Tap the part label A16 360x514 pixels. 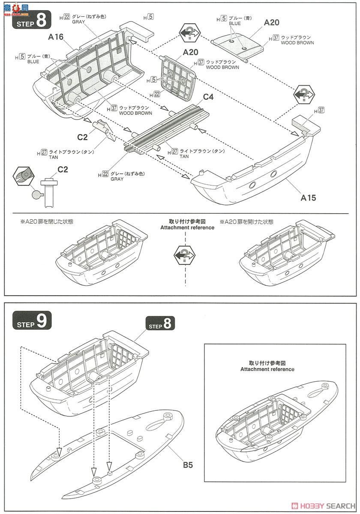(x=56, y=37)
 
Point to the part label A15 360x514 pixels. (x=308, y=198)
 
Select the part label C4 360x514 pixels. (x=208, y=97)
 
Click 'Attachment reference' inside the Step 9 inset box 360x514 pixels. (x=267, y=369)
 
